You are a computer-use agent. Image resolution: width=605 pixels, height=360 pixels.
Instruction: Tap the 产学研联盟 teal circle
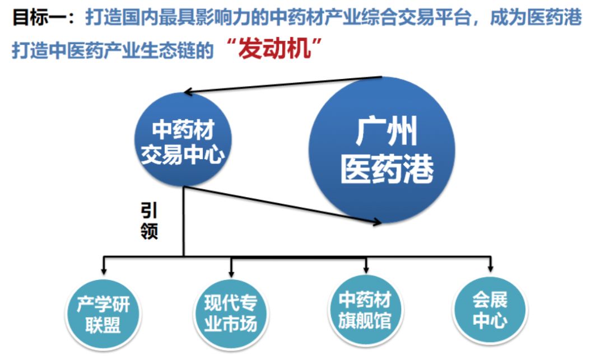coord(103,314)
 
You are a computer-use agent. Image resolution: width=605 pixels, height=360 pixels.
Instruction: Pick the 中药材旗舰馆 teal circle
coord(365,311)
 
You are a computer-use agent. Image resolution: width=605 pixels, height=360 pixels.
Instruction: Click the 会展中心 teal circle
coord(490,310)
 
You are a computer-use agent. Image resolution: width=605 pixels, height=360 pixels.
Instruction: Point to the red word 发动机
coord(274,50)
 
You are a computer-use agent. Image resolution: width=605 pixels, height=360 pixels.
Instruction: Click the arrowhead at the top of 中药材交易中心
coord(190,92)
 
